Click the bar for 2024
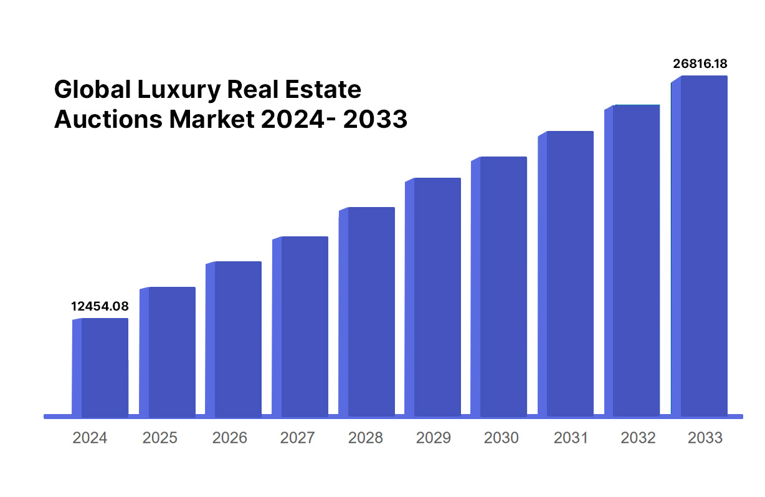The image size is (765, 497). [x=101, y=367]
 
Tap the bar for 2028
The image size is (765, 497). [x=368, y=311]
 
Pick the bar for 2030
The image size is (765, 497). [x=500, y=286]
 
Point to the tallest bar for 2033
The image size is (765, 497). [x=700, y=246]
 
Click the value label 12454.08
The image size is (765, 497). [x=100, y=306]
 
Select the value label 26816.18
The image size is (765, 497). [x=700, y=64]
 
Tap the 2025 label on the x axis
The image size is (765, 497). [x=159, y=438]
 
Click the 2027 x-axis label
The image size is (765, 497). [x=297, y=438]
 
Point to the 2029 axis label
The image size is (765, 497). [x=433, y=438]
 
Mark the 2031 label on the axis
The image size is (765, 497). [x=570, y=438]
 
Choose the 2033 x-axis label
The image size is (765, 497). [x=705, y=438]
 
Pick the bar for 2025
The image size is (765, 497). [x=168, y=352]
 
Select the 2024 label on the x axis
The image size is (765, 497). [x=90, y=438]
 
